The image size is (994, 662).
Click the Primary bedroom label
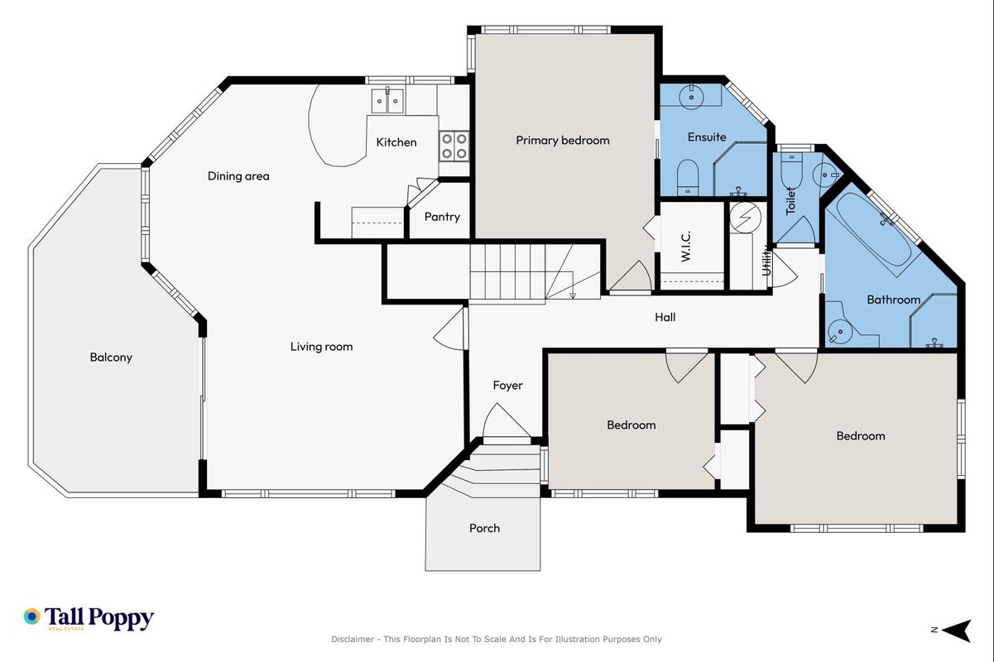tap(562, 141)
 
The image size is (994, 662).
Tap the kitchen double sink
tap(388, 101)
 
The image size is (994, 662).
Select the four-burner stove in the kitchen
tap(454, 146)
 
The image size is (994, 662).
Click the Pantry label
tap(441, 217)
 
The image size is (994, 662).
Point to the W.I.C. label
tap(685, 246)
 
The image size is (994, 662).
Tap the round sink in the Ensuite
tap(691, 96)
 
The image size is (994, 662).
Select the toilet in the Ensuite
tap(688, 177)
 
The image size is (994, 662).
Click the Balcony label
tap(111, 357)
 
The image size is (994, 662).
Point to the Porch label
tap(484, 528)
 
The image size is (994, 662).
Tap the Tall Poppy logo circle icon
tap(32, 616)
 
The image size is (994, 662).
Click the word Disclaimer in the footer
tap(353, 640)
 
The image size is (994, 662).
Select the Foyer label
tap(507, 385)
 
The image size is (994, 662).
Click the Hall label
tap(665, 317)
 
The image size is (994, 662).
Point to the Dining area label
tap(238, 176)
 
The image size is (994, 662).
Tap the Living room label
tap(321, 347)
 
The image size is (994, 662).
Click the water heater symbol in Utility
tap(746, 218)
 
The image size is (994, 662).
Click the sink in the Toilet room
tap(824, 175)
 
